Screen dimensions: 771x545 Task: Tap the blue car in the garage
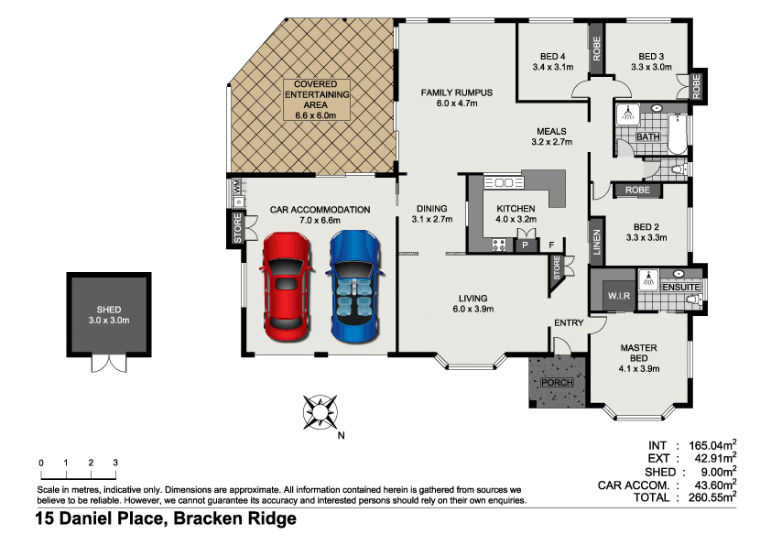point(355,287)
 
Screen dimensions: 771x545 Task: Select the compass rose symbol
point(320,411)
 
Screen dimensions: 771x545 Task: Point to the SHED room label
point(109,310)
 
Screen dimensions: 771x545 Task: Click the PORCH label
point(557,382)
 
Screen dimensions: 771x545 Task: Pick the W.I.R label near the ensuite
point(619,296)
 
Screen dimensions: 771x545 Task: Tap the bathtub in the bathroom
point(679,134)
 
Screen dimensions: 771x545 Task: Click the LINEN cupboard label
point(596,242)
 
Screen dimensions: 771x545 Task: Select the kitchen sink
point(504,183)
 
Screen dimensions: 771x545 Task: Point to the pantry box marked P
point(526,245)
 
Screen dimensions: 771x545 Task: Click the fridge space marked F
point(551,245)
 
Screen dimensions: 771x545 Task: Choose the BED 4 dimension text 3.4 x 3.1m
point(553,67)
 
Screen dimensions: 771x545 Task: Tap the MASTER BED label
point(639,353)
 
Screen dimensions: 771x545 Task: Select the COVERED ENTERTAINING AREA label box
point(317,99)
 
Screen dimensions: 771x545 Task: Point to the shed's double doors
point(109,363)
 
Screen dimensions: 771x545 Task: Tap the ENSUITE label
point(681,288)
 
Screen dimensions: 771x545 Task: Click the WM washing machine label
point(237,186)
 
